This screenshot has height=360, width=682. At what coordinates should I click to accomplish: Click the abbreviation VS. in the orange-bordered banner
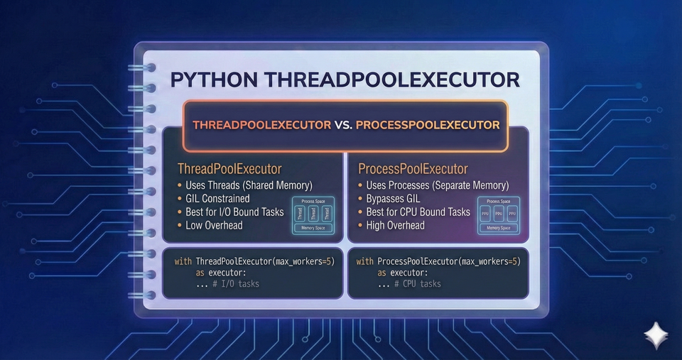tap(342, 125)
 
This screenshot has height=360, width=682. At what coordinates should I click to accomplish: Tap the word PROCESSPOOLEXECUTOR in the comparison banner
tap(428, 125)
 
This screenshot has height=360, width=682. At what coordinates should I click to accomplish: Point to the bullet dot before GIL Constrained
tap(180, 199)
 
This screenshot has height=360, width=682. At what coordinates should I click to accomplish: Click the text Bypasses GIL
tap(393, 199)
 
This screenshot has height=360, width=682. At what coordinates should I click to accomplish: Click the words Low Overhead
tap(215, 225)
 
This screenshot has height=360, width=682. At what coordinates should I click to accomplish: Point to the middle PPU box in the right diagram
tap(498, 213)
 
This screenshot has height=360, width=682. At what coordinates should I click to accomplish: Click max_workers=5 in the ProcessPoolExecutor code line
tap(489, 261)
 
